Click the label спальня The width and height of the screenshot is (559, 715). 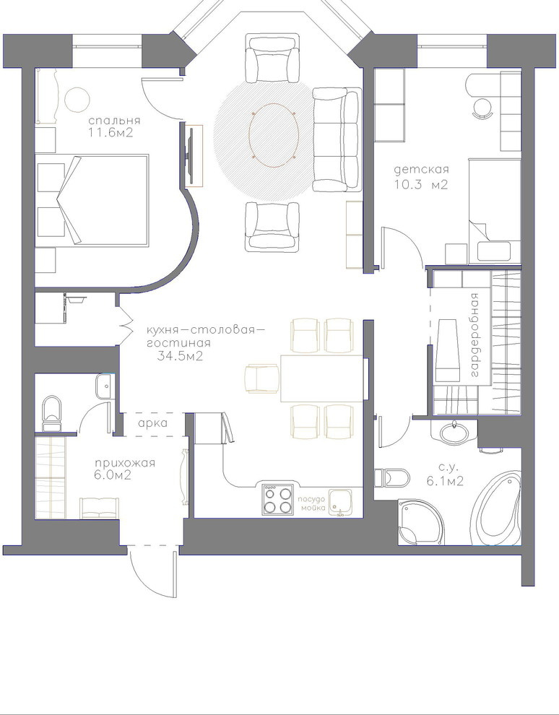[x=114, y=121]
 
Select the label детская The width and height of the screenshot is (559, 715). [x=421, y=170]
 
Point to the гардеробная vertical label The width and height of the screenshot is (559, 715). [x=474, y=335]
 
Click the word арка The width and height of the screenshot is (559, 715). [x=152, y=423]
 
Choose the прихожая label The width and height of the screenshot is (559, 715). [x=126, y=463]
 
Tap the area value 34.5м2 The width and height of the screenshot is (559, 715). [x=180, y=356]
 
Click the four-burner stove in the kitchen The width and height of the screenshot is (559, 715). [x=277, y=500]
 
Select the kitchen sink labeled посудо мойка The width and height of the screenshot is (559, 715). [x=339, y=502]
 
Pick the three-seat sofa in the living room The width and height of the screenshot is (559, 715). [x=337, y=139]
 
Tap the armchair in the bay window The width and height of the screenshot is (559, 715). [x=272, y=58]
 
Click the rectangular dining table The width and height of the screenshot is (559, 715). [x=321, y=378]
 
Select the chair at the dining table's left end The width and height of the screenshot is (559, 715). [x=261, y=378]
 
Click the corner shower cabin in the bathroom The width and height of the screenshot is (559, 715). [x=420, y=522]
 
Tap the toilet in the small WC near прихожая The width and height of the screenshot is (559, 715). [x=51, y=413]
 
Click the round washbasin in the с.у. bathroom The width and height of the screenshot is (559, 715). [x=454, y=430]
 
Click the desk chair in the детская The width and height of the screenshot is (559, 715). [x=482, y=108]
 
